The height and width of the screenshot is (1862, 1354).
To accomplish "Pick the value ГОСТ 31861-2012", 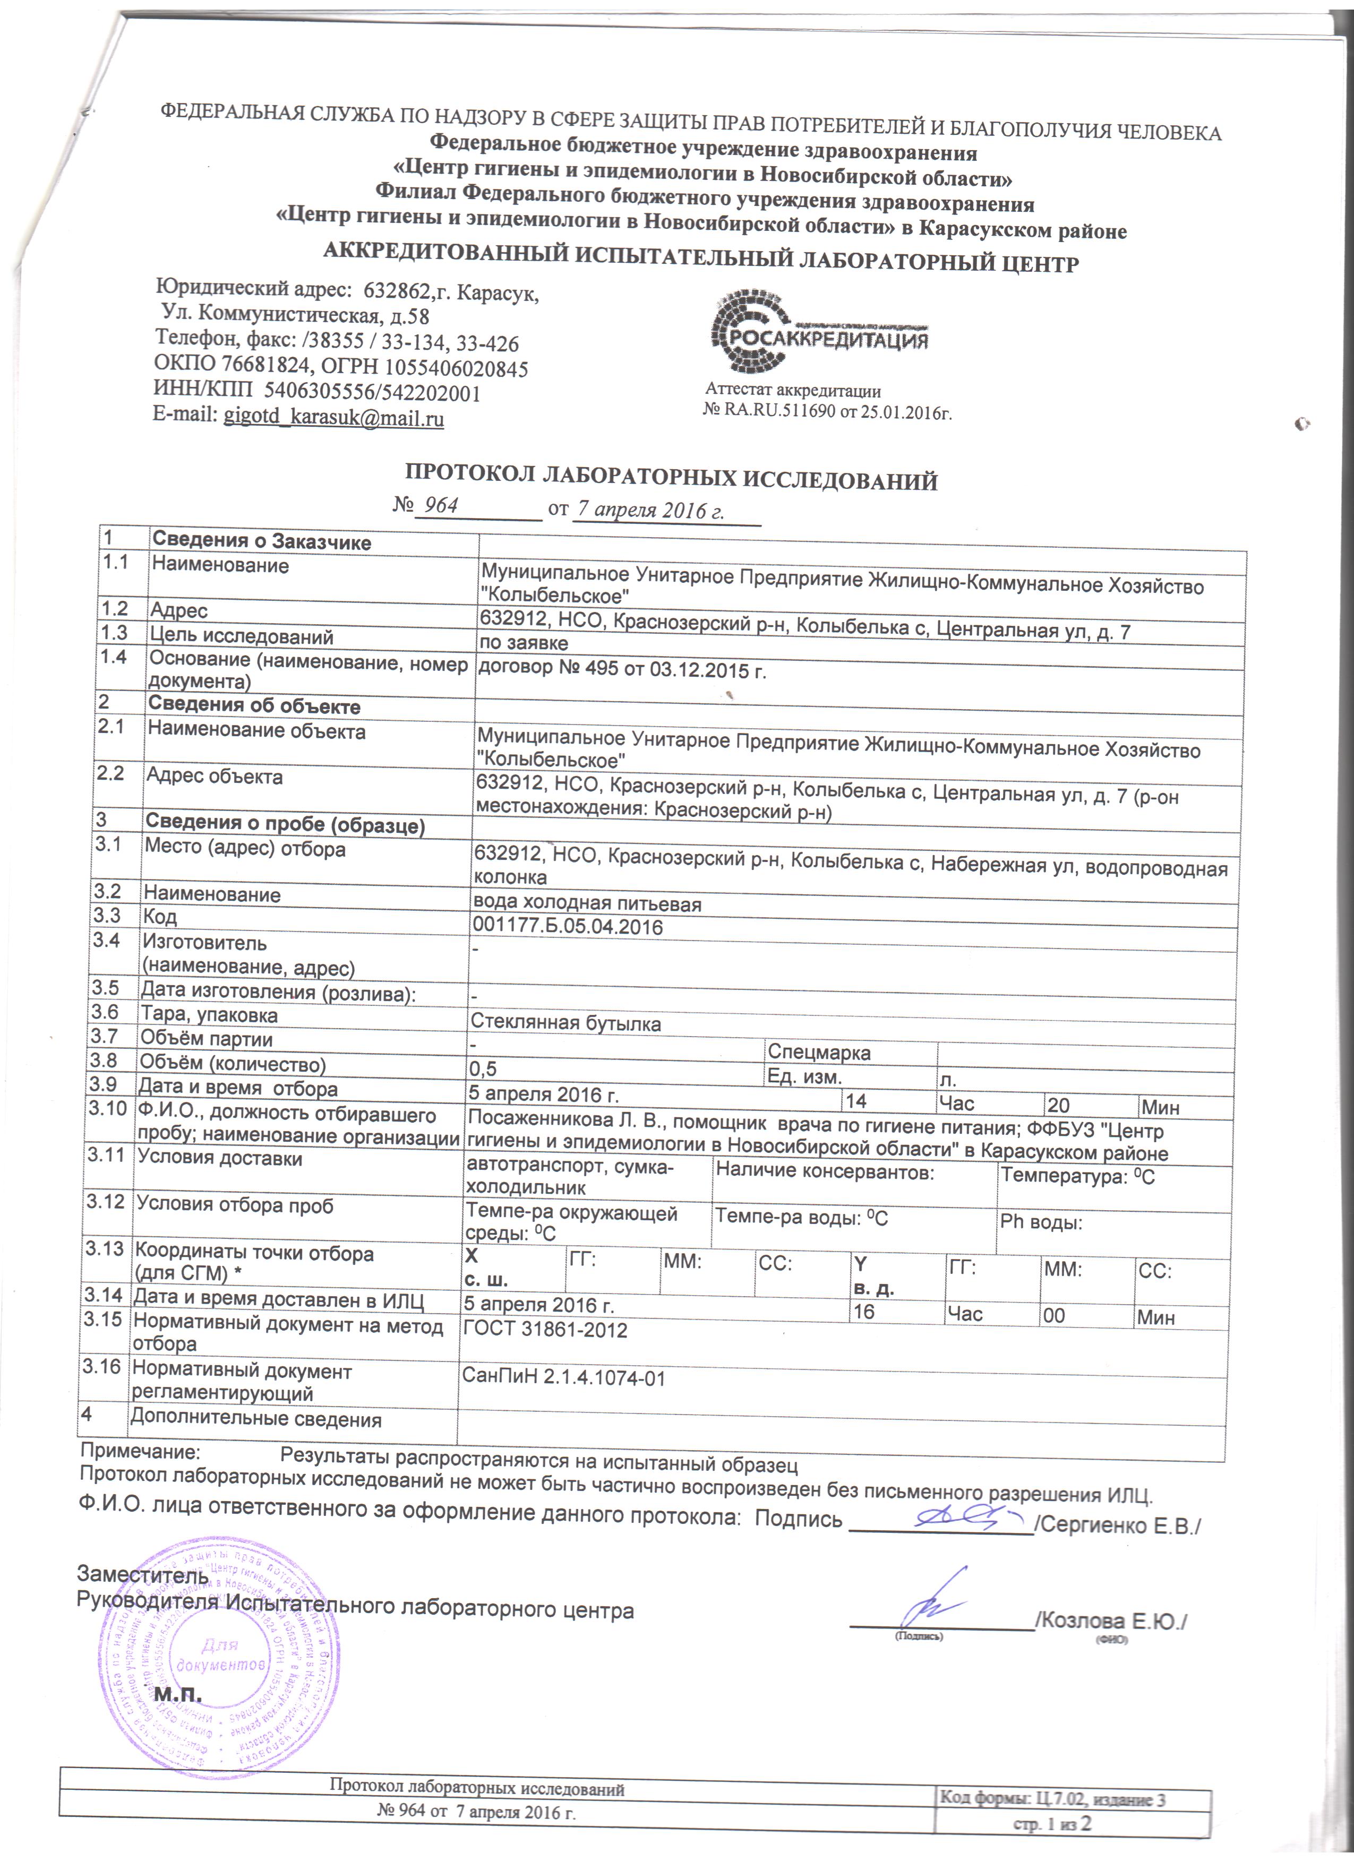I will point(545,1331).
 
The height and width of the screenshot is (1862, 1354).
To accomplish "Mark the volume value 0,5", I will point(482,1070).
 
